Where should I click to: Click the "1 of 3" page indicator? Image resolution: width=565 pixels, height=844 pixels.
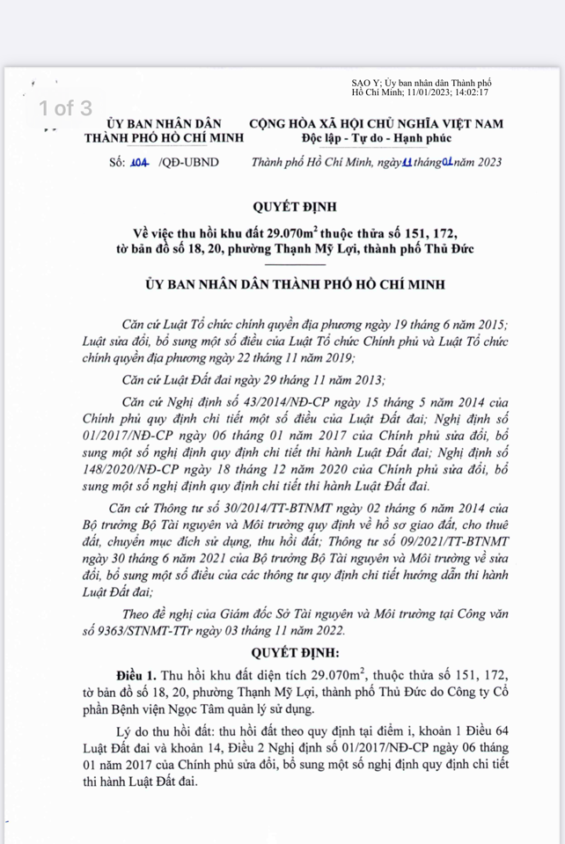coord(63,108)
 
